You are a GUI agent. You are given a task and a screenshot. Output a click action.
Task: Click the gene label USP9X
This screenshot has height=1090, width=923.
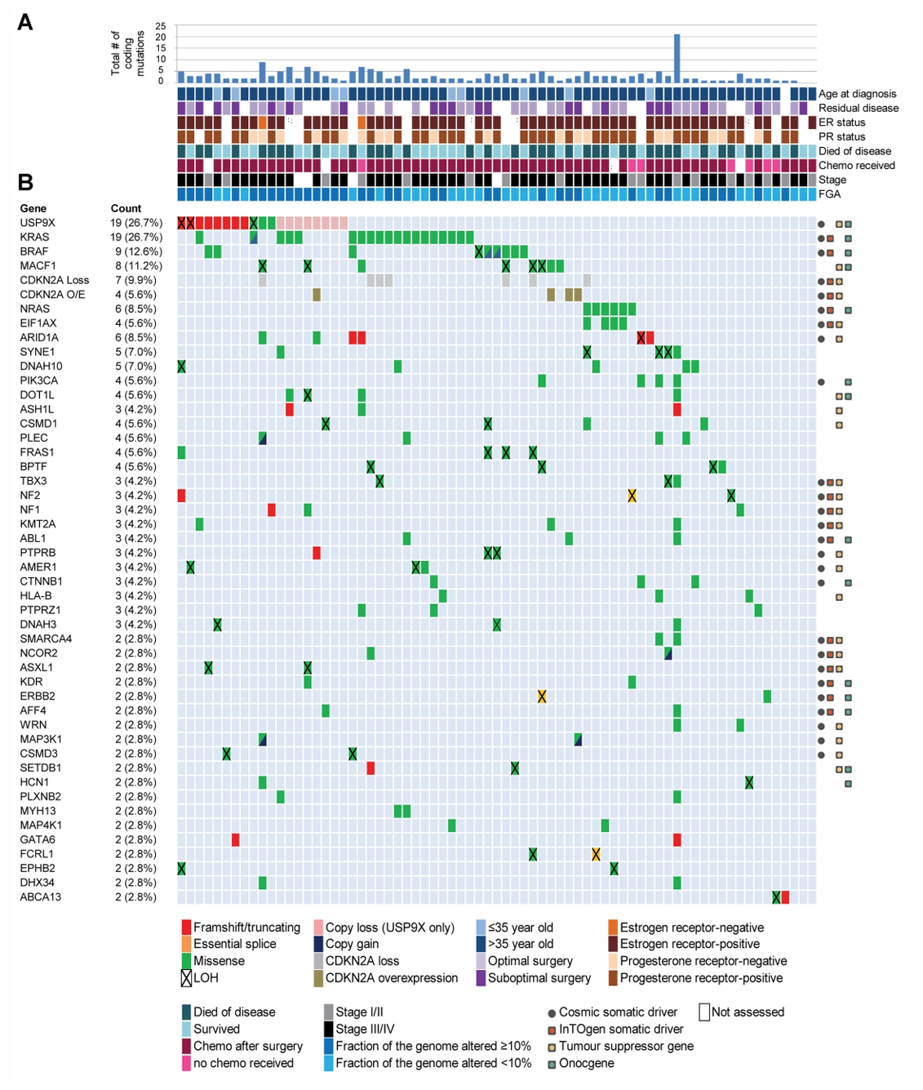click(38, 223)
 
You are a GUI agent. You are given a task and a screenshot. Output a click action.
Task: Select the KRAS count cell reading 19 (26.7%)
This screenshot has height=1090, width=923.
click(138, 238)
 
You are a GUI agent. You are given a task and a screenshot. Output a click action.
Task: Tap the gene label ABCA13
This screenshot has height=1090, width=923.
click(41, 897)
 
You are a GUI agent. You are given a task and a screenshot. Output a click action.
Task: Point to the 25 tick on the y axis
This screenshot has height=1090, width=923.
click(161, 26)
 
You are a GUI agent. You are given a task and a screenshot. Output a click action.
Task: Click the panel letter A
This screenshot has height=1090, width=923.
click(25, 22)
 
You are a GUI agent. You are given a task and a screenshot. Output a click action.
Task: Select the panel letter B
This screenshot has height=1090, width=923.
click(25, 182)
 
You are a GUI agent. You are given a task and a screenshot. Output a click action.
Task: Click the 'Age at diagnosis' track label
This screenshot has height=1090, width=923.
click(857, 94)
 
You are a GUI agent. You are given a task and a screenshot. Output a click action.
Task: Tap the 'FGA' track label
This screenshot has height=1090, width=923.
click(830, 194)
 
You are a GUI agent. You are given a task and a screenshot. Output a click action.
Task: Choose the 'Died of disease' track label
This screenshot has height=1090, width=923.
click(854, 151)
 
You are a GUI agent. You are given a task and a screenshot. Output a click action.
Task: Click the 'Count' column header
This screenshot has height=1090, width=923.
click(126, 208)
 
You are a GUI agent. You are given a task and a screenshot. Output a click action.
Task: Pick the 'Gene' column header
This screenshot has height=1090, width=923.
click(33, 208)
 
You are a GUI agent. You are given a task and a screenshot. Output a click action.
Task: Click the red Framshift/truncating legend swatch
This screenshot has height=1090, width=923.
click(186, 928)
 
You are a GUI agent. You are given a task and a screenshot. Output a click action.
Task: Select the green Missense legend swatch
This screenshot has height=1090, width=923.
click(186, 961)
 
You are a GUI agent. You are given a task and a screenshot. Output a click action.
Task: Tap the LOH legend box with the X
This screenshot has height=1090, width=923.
click(186, 978)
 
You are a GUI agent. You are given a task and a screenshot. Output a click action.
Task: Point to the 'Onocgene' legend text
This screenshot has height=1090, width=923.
click(586, 1063)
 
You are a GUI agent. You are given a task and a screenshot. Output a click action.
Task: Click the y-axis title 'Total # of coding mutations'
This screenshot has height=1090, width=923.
click(127, 54)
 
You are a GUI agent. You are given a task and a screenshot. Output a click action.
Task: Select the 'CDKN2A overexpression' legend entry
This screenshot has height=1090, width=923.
click(391, 978)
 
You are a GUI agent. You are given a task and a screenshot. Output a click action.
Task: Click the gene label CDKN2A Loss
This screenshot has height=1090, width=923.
click(55, 280)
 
